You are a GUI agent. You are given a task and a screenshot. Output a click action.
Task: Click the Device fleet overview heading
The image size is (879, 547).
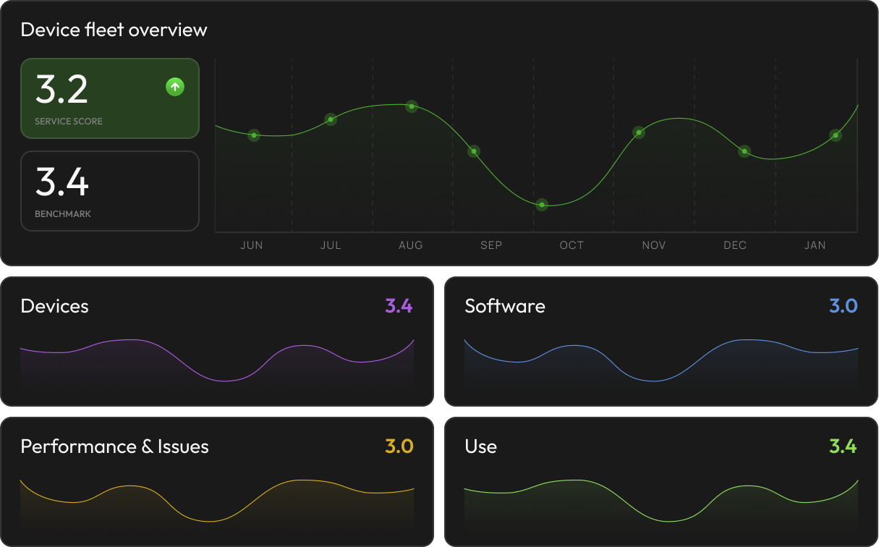pos(114,30)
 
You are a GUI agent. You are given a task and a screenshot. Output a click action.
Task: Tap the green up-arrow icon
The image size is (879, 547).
pos(175,88)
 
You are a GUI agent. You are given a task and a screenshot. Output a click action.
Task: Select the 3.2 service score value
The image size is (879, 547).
pos(61,89)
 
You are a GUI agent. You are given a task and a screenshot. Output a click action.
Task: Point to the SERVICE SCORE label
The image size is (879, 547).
pos(69,122)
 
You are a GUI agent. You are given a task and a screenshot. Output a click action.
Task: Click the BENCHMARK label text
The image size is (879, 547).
pos(63,214)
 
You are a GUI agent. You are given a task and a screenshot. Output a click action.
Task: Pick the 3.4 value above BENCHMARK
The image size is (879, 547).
pos(61,182)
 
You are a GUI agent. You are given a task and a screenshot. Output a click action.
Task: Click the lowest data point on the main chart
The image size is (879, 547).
pos(542,205)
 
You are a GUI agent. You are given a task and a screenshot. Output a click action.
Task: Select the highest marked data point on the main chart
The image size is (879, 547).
pos(412,106)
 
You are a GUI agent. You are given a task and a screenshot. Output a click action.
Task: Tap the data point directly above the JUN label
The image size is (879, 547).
pos(254,135)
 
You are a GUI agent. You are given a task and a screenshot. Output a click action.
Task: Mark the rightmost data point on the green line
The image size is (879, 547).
pos(836,135)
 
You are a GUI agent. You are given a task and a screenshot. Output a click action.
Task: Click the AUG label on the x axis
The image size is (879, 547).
pos(411,245)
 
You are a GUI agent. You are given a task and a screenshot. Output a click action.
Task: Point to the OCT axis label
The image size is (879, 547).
pos(572,245)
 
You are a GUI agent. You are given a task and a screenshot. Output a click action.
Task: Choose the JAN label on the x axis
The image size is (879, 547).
pos(815,245)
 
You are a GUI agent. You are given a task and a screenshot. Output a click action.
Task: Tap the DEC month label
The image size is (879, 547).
pos(735,245)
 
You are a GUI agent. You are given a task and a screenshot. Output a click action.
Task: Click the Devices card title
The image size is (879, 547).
pos(54,306)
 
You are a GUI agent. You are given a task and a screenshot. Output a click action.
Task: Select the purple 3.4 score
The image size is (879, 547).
pos(399,306)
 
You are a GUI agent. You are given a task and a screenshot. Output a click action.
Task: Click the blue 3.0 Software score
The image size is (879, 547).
pos(843,306)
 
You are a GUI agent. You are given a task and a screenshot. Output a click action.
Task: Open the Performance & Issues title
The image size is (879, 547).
pos(114,446)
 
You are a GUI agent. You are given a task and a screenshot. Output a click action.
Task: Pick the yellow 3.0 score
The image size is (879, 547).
pos(399,446)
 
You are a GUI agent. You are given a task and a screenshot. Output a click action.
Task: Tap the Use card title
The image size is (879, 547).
pos(480,446)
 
